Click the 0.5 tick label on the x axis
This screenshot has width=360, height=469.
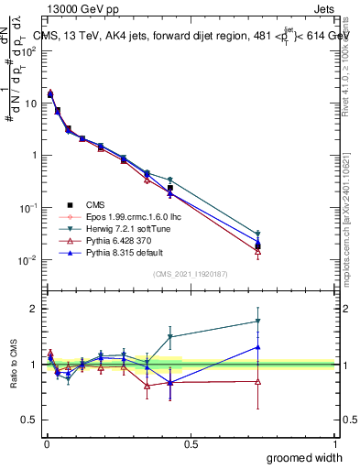point(191,442)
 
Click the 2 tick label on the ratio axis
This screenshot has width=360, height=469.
point(32,309)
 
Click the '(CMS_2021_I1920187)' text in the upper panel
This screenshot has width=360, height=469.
point(190,274)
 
